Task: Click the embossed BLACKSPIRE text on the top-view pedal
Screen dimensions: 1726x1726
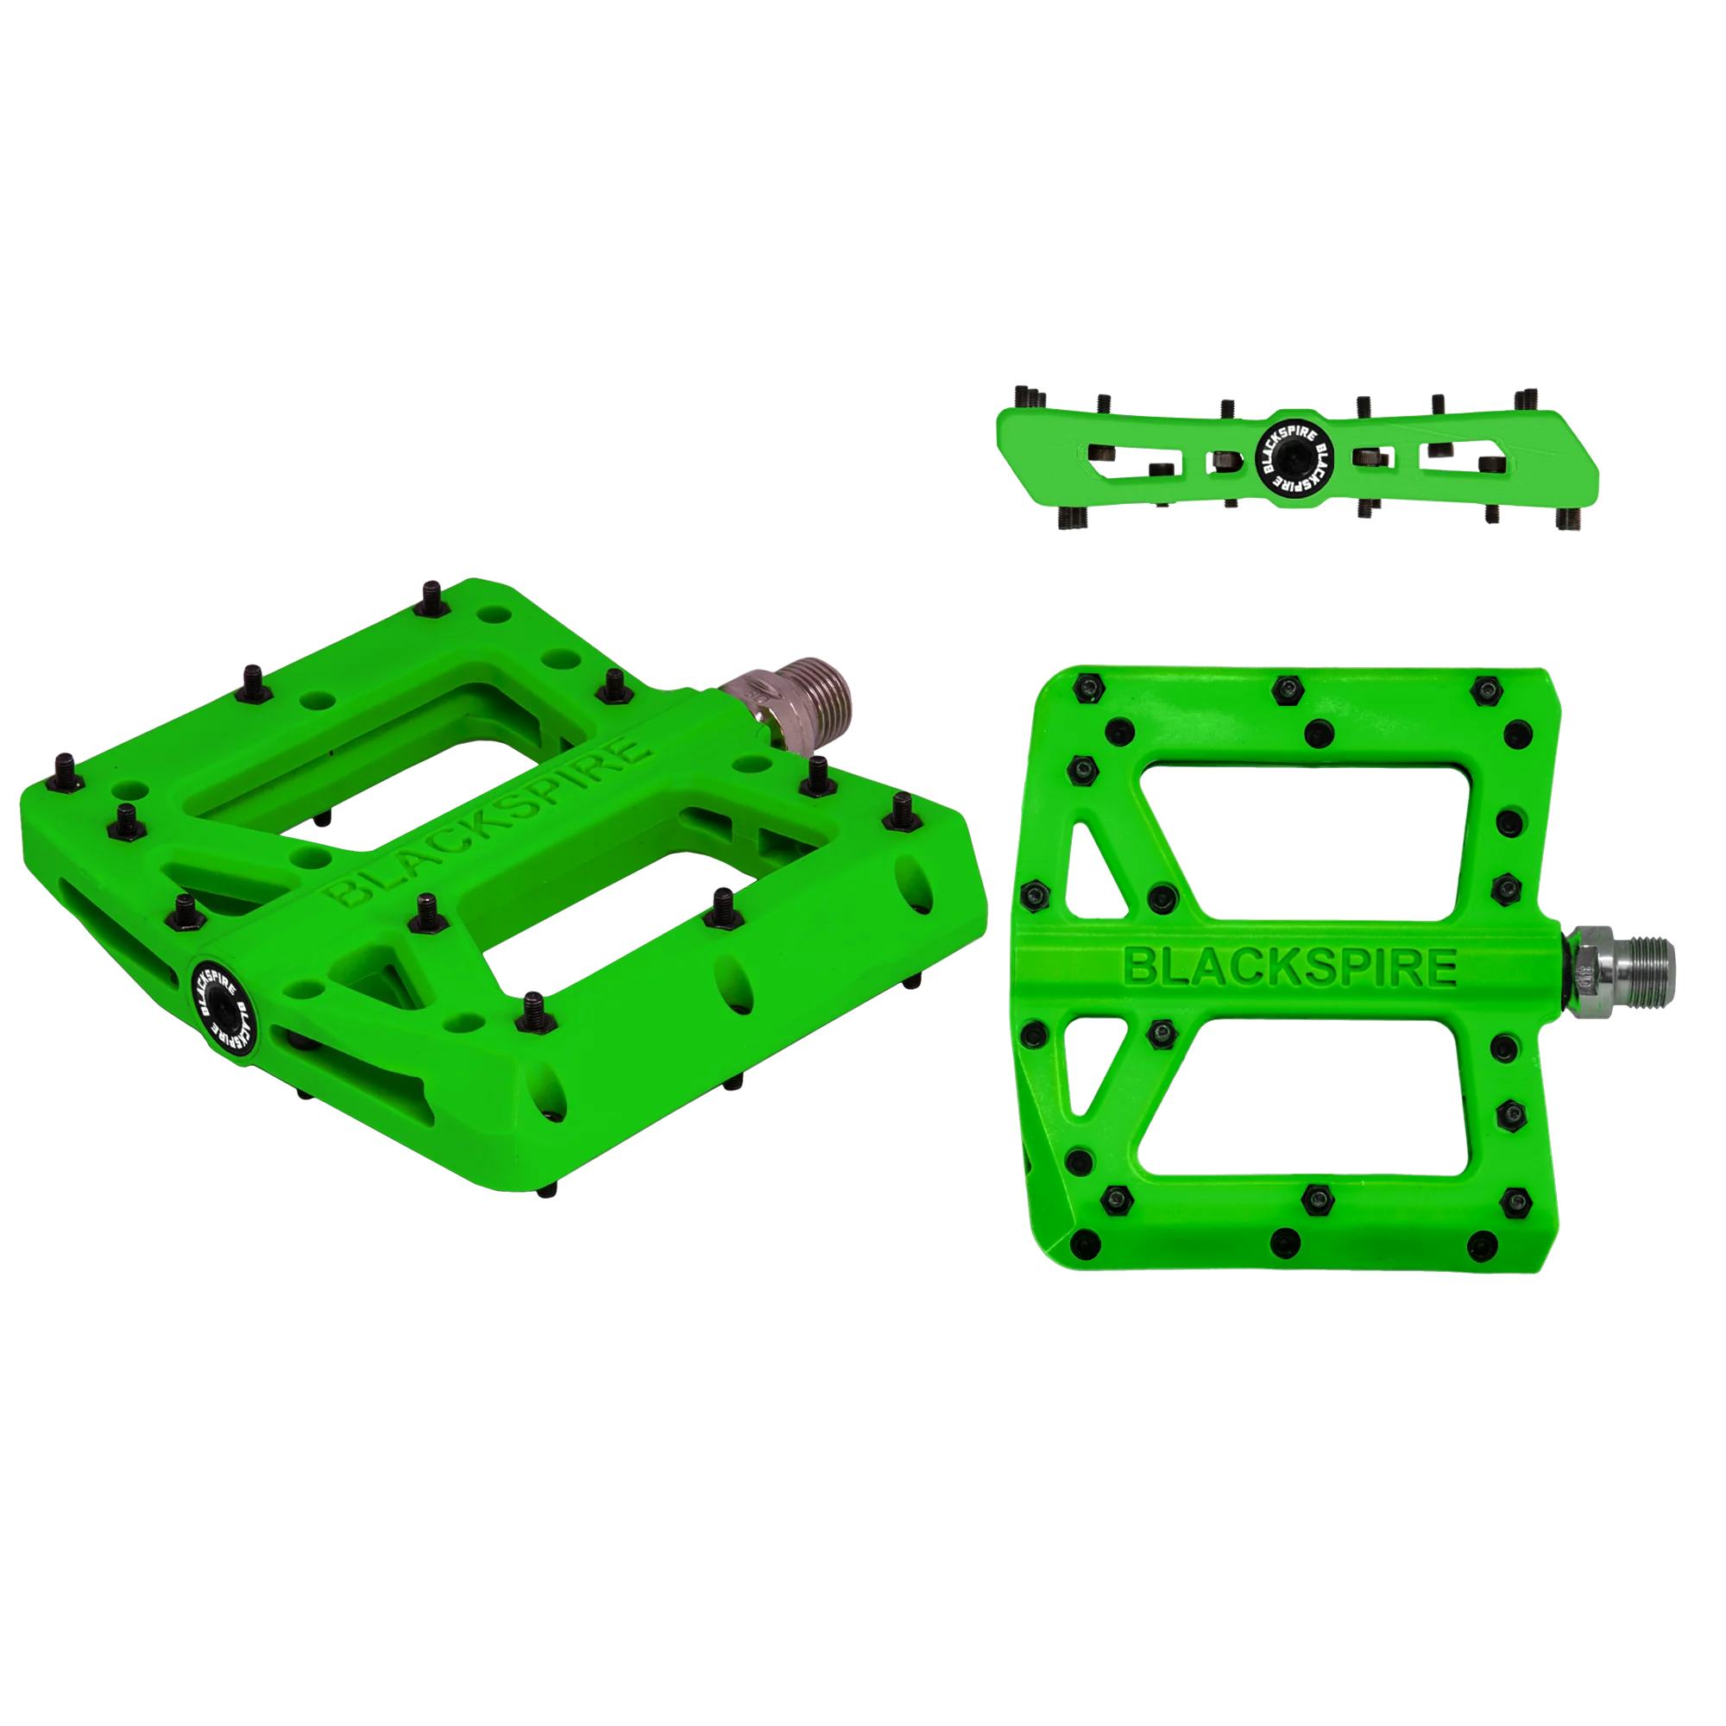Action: coord(1290,967)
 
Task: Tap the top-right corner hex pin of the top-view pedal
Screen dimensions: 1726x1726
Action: coord(1484,688)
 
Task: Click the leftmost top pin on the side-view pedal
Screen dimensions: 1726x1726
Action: coord(1024,394)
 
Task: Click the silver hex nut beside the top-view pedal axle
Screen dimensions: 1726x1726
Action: coord(1587,964)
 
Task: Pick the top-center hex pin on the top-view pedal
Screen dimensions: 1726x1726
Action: coord(1285,686)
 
